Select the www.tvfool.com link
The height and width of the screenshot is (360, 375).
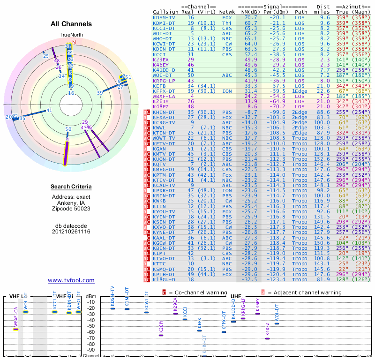point(71,280)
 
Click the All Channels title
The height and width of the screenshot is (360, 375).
point(71,24)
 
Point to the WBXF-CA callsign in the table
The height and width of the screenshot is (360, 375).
point(164,96)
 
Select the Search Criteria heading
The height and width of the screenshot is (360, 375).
point(71,187)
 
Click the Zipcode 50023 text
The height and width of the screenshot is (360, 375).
point(71,208)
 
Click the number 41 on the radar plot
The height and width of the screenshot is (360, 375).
point(49,111)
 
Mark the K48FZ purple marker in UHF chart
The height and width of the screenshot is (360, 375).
point(267,338)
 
